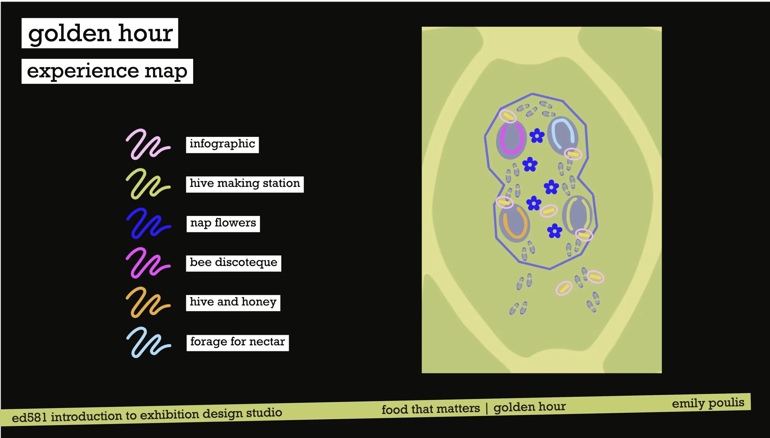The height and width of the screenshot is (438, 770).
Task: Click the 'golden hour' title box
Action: click(100, 33)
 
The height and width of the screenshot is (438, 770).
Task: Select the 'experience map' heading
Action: click(107, 71)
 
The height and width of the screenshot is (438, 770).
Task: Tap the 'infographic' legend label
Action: click(222, 145)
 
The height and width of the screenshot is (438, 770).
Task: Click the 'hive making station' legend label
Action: click(245, 184)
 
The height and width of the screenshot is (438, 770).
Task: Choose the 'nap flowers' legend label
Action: click(223, 224)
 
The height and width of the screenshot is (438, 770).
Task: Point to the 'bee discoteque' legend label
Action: click(233, 263)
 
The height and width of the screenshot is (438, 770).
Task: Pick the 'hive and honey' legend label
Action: click(233, 303)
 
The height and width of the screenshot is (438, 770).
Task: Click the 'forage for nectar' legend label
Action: click(237, 343)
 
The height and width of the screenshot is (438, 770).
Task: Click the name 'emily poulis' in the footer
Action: click(708, 403)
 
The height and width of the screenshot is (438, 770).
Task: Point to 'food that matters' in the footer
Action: click(431, 409)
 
